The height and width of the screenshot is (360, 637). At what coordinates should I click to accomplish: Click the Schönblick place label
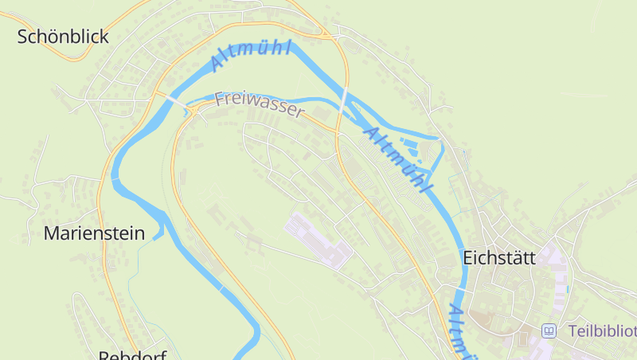pos(63,37)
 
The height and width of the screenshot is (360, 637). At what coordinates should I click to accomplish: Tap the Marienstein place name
pos(94,233)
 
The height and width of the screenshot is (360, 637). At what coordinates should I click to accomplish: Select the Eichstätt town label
pos(499,258)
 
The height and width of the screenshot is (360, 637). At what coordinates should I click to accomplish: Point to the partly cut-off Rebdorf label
pos(132,354)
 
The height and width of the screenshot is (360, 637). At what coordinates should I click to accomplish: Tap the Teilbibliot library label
pos(601,331)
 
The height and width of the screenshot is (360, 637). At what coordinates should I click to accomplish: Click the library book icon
pos(549,331)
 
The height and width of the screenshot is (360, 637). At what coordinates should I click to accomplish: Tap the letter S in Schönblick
pos(23,37)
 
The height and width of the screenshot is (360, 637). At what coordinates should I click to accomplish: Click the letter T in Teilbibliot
pos(573,331)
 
